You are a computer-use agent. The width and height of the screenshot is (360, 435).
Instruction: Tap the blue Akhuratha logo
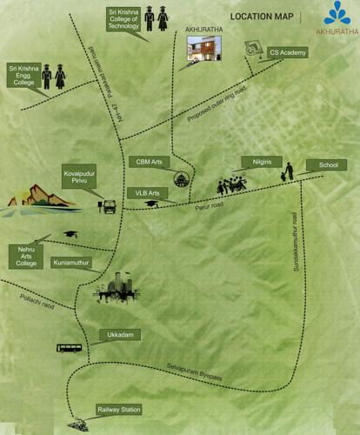pos(337,12)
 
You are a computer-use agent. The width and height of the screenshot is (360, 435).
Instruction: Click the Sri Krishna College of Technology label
pos(124,19)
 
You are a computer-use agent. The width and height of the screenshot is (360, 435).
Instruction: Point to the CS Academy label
pos(286,53)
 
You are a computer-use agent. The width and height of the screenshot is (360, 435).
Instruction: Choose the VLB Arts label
pos(147,192)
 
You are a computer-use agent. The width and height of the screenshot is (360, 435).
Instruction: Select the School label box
pos(328,164)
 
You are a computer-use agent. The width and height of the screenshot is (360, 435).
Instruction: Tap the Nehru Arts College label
pos(24,257)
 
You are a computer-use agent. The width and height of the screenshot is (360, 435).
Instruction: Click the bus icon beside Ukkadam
pos(70,348)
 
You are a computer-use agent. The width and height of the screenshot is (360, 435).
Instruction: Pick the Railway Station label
pos(118,409)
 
